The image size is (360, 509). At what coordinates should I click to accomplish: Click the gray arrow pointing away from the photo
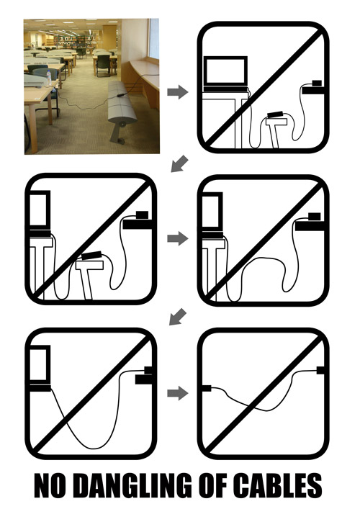(x=178, y=91)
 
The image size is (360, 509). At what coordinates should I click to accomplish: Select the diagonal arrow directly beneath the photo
(x=179, y=163)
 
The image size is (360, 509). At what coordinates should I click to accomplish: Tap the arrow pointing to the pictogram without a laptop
(x=178, y=393)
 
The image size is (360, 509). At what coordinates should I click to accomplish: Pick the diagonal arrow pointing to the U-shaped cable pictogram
(x=178, y=317)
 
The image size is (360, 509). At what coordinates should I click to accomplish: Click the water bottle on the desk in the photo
(x=49, y=78)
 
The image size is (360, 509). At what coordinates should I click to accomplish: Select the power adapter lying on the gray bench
(x=122, y=96)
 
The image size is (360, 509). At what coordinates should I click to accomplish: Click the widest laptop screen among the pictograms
(x=225, y=71)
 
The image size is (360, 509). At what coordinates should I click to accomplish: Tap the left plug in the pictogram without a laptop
(x=207, y=388)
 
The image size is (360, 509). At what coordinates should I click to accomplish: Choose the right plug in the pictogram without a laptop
(x=320, y=370)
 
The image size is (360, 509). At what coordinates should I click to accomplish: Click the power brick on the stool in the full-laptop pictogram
(x=275, y=114)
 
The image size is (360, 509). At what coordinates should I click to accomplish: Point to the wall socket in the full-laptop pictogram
(x=317, y=83)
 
